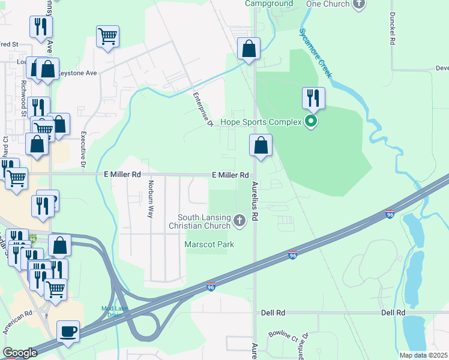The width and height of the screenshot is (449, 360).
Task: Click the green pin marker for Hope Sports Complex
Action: [311, 122]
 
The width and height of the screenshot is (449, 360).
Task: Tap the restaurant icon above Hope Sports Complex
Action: [313, 97]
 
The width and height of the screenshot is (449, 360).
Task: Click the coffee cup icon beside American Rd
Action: [68, 332]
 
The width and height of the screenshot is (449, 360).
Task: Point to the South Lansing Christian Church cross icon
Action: [240, 221]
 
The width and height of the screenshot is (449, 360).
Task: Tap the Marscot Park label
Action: [209, 244]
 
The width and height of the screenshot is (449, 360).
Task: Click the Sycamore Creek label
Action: [316, 53]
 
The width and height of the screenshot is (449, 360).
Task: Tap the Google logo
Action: [20, 353]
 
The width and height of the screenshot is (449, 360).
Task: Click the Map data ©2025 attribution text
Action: [424, 355]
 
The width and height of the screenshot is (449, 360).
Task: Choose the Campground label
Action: [269, 4]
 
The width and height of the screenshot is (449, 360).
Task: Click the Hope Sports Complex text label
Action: [261, 122]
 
